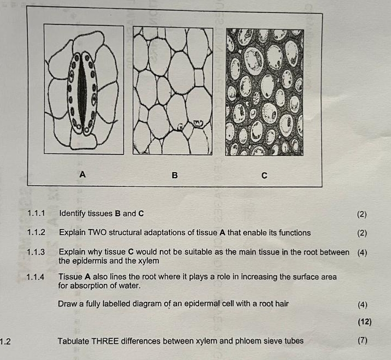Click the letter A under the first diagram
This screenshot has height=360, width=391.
[x=83, y=174]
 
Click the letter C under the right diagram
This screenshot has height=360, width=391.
[x=264, y=176]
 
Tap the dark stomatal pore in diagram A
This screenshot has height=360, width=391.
[x=82, y=93]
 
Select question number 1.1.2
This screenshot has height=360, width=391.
[x=36, y=233]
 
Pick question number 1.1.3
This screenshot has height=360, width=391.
[x=36, y=252]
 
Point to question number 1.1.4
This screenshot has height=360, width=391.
[x=36, y=277]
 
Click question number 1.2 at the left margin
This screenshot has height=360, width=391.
[x=6, y=342]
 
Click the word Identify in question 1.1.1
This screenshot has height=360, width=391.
[x=73, y=213]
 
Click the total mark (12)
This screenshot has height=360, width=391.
[x=364, y=322]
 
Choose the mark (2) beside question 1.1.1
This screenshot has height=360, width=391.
[x=361, y=214]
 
